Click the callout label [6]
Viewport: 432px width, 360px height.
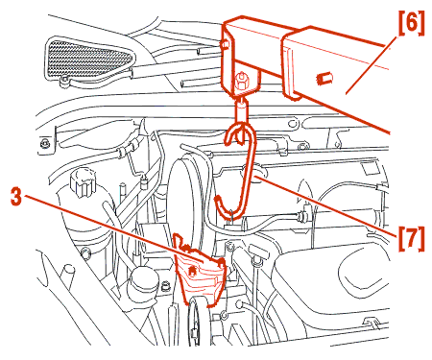click(412, 23)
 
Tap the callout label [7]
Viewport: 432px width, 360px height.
click(412, 239)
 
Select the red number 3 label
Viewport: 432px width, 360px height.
click(15, 197)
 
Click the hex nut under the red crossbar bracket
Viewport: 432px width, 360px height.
click(240, 81)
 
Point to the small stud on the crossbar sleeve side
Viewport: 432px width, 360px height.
click(324, 79)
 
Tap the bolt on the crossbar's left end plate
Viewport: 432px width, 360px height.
click(225, 44)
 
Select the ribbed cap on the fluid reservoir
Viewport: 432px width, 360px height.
click(83, 182)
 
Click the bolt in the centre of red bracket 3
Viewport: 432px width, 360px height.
click(192, 271)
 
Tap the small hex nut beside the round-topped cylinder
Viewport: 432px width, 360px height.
click(165, 285)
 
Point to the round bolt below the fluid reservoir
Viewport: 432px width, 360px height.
click(84, 254)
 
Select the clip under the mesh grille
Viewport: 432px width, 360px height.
click(64, 83)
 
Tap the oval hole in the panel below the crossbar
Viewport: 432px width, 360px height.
click(293, 123)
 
